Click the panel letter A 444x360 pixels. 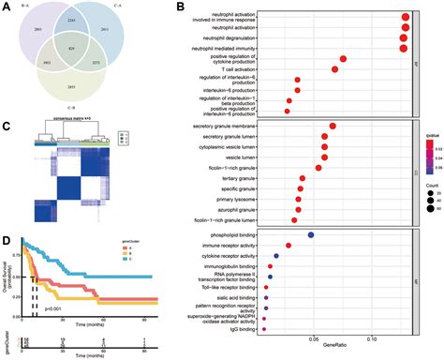tap(7, 7)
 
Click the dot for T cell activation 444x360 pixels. tap(335, 69)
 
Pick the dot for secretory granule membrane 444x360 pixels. tap(333, 126)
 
